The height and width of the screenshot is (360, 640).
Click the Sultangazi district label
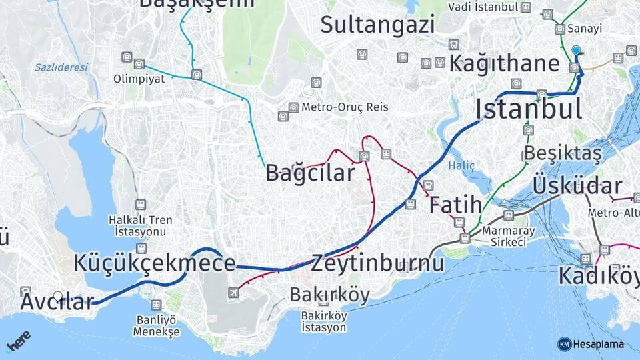point(377,25)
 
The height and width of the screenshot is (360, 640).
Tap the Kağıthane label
point(504,64)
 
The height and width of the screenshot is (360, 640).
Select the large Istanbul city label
point(529,109)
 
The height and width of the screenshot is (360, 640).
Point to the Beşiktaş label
point(563,153)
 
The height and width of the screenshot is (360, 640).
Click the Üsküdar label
point(577,186)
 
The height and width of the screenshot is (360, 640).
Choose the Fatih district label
point(455,205)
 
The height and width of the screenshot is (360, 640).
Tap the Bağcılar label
point(311,173)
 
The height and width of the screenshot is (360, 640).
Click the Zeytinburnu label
point(377,263)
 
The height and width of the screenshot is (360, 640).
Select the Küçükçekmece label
point(155,263)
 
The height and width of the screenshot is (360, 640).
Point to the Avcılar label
point(57,302)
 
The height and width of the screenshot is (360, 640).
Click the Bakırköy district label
point(329,295)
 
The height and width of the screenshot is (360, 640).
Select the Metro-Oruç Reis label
point(344,107)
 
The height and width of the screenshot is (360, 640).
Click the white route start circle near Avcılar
point(58,296)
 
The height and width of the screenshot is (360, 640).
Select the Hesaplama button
point(591,344)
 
